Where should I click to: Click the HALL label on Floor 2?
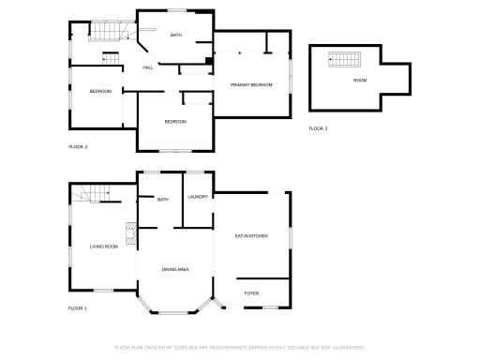pos(147,67)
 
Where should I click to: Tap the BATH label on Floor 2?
pos(175,36)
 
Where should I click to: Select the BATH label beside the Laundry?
pos(163,199)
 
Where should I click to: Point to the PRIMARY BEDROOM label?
pos(251,84)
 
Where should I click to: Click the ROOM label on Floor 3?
pos(360,81)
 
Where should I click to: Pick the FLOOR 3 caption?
pos(319,128)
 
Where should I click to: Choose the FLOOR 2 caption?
pos(78,147)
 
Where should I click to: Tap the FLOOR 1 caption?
pos(78,308)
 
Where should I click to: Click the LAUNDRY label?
pos(198,197)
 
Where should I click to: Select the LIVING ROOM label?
pos(103,247)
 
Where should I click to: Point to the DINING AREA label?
pos(175,270)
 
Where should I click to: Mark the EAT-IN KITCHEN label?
pos(251,236)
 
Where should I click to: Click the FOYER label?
pos(251,293)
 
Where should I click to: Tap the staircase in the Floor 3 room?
pos(341,61)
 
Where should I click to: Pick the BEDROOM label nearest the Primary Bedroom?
pos(175,122)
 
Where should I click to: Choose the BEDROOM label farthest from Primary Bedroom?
pos(100,91)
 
